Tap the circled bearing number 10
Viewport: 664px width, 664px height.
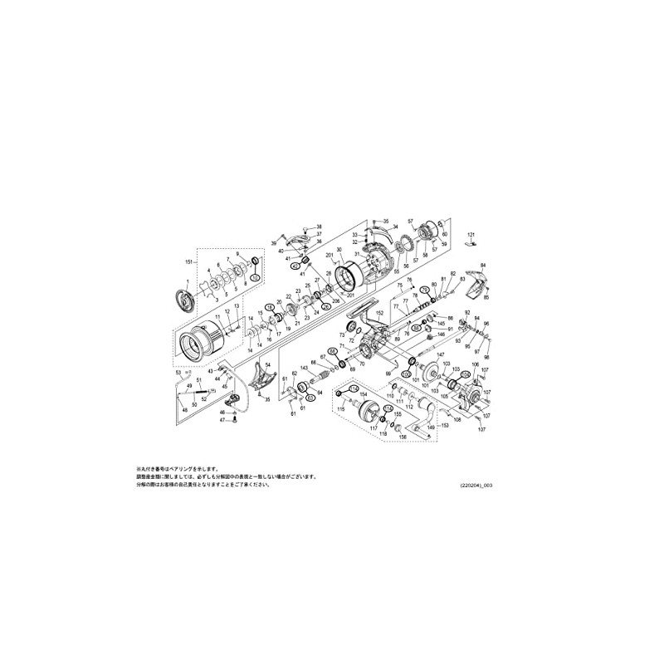tap(256, 276)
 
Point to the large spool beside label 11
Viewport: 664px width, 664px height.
tap(203, 339)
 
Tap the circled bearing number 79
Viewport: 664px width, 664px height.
tap(424, 290)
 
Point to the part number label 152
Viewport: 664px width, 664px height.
tap(379, 312)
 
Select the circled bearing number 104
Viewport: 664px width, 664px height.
tap(466, 374)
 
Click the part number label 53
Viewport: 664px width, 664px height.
tap(178, 374)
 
